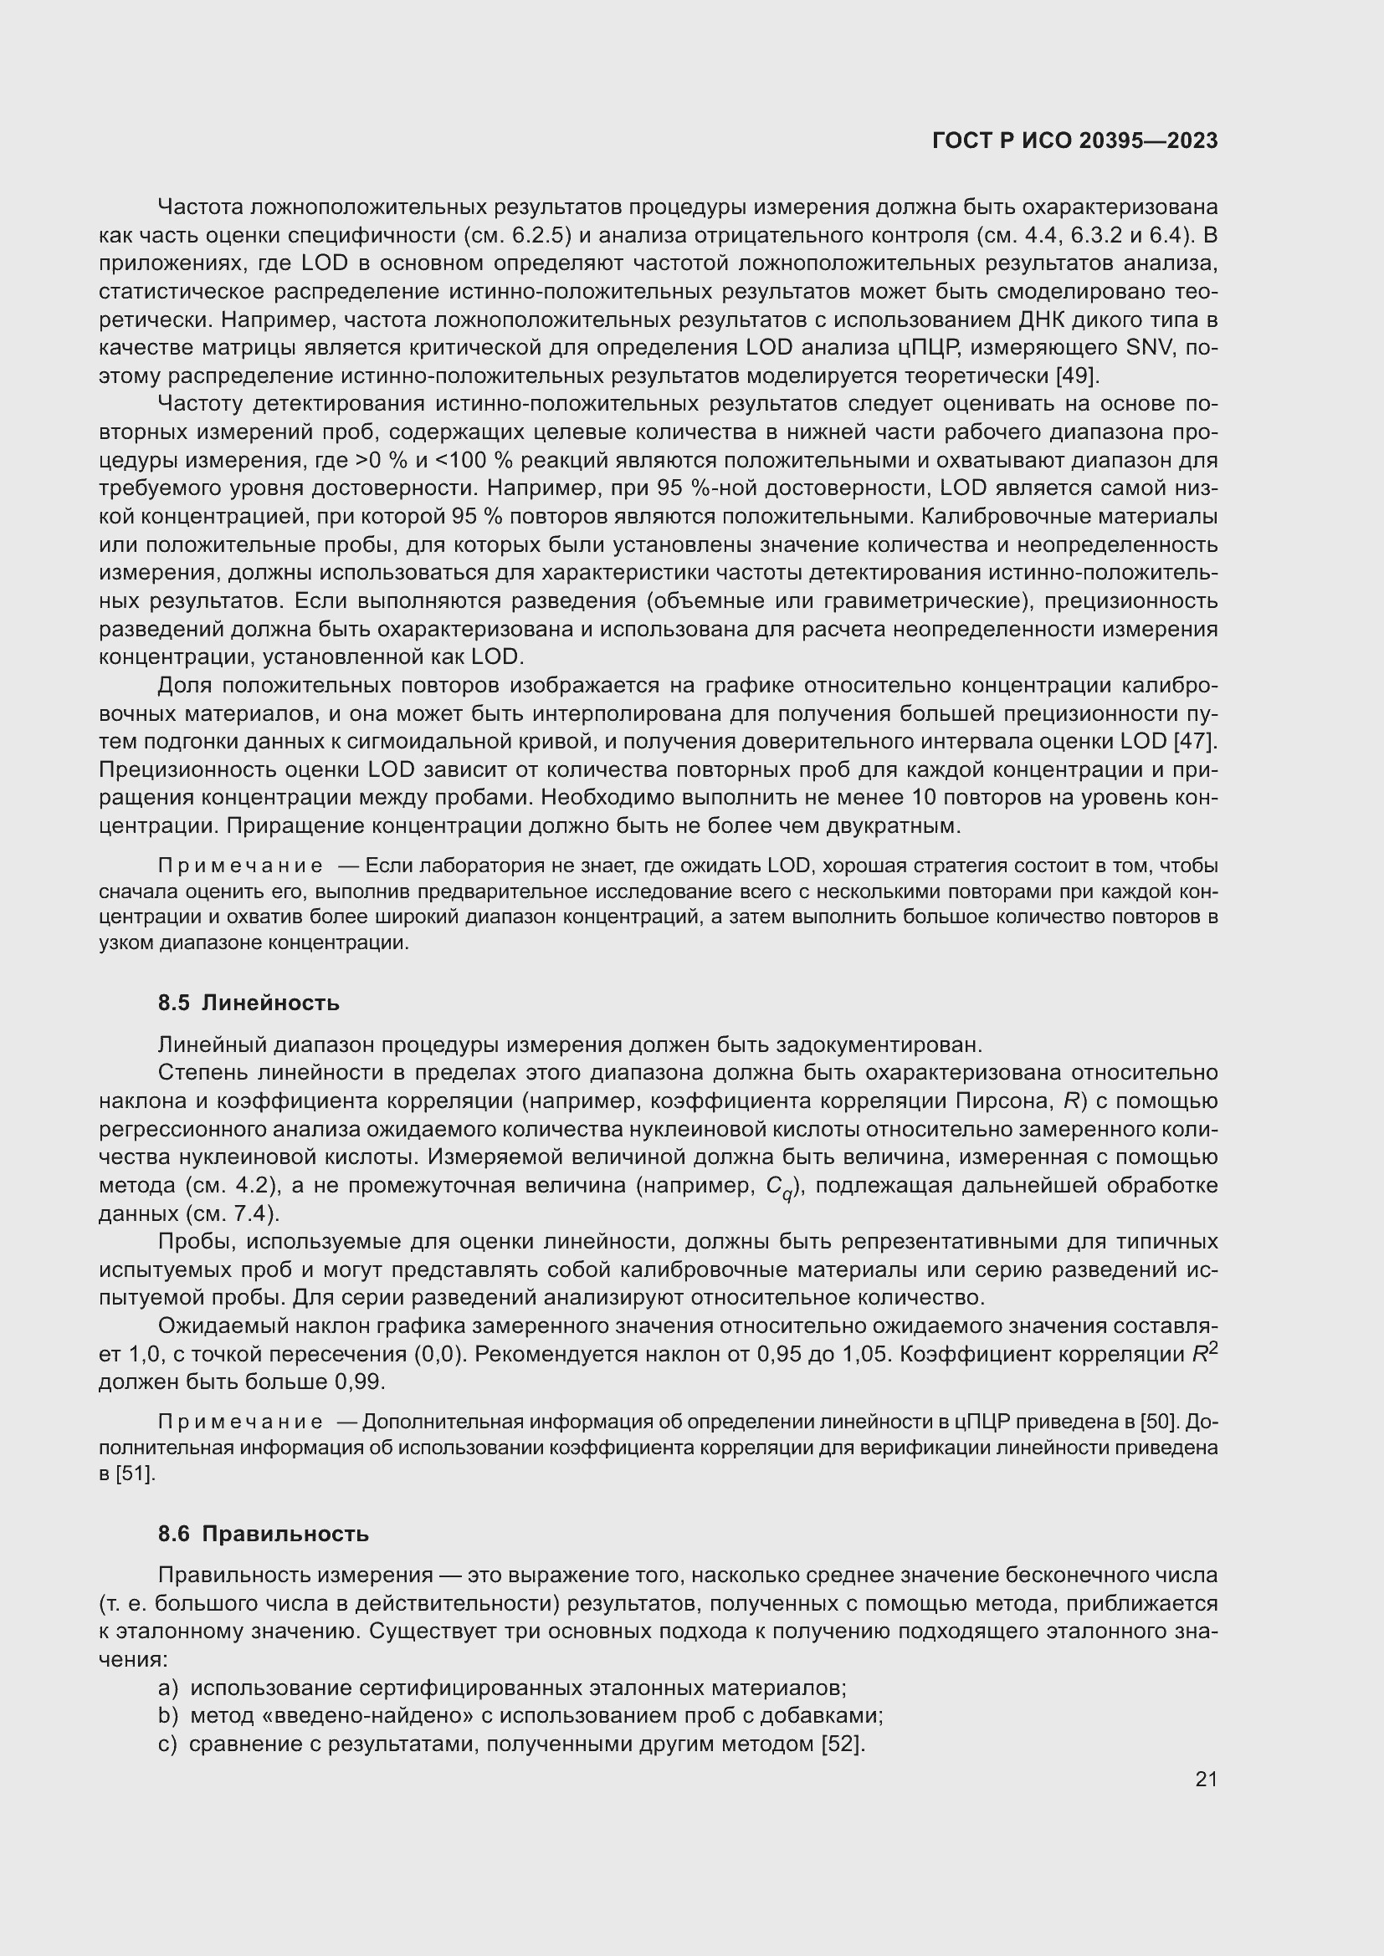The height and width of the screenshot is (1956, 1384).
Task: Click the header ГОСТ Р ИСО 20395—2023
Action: [1074, 141]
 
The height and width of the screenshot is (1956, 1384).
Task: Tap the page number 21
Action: [1206, 1779]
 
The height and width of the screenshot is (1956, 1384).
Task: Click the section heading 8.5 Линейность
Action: [248, 1003]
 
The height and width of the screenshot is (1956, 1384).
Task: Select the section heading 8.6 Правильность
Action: [263, 1534]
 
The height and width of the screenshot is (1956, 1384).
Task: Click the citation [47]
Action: [1195, 741]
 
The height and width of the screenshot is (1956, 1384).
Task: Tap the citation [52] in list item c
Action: [842, 1744]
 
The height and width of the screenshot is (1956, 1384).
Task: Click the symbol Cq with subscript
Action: [779, 1187]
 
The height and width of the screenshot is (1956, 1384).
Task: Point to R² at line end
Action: [1205, 1353]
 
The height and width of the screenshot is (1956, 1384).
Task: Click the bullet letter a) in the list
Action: [168, 1688]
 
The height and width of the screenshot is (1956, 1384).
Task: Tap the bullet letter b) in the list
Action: [168, 1716]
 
